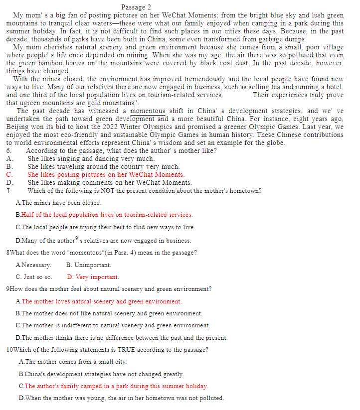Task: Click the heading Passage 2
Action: click(x=136, y=7)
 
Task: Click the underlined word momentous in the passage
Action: click(x=148, y=111)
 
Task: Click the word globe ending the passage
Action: click(x=274, y=143)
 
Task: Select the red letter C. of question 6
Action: click(x=9, y=175)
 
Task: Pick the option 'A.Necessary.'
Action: click(x=33, y=265)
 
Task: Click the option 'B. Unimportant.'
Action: click(x=89, y=265)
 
